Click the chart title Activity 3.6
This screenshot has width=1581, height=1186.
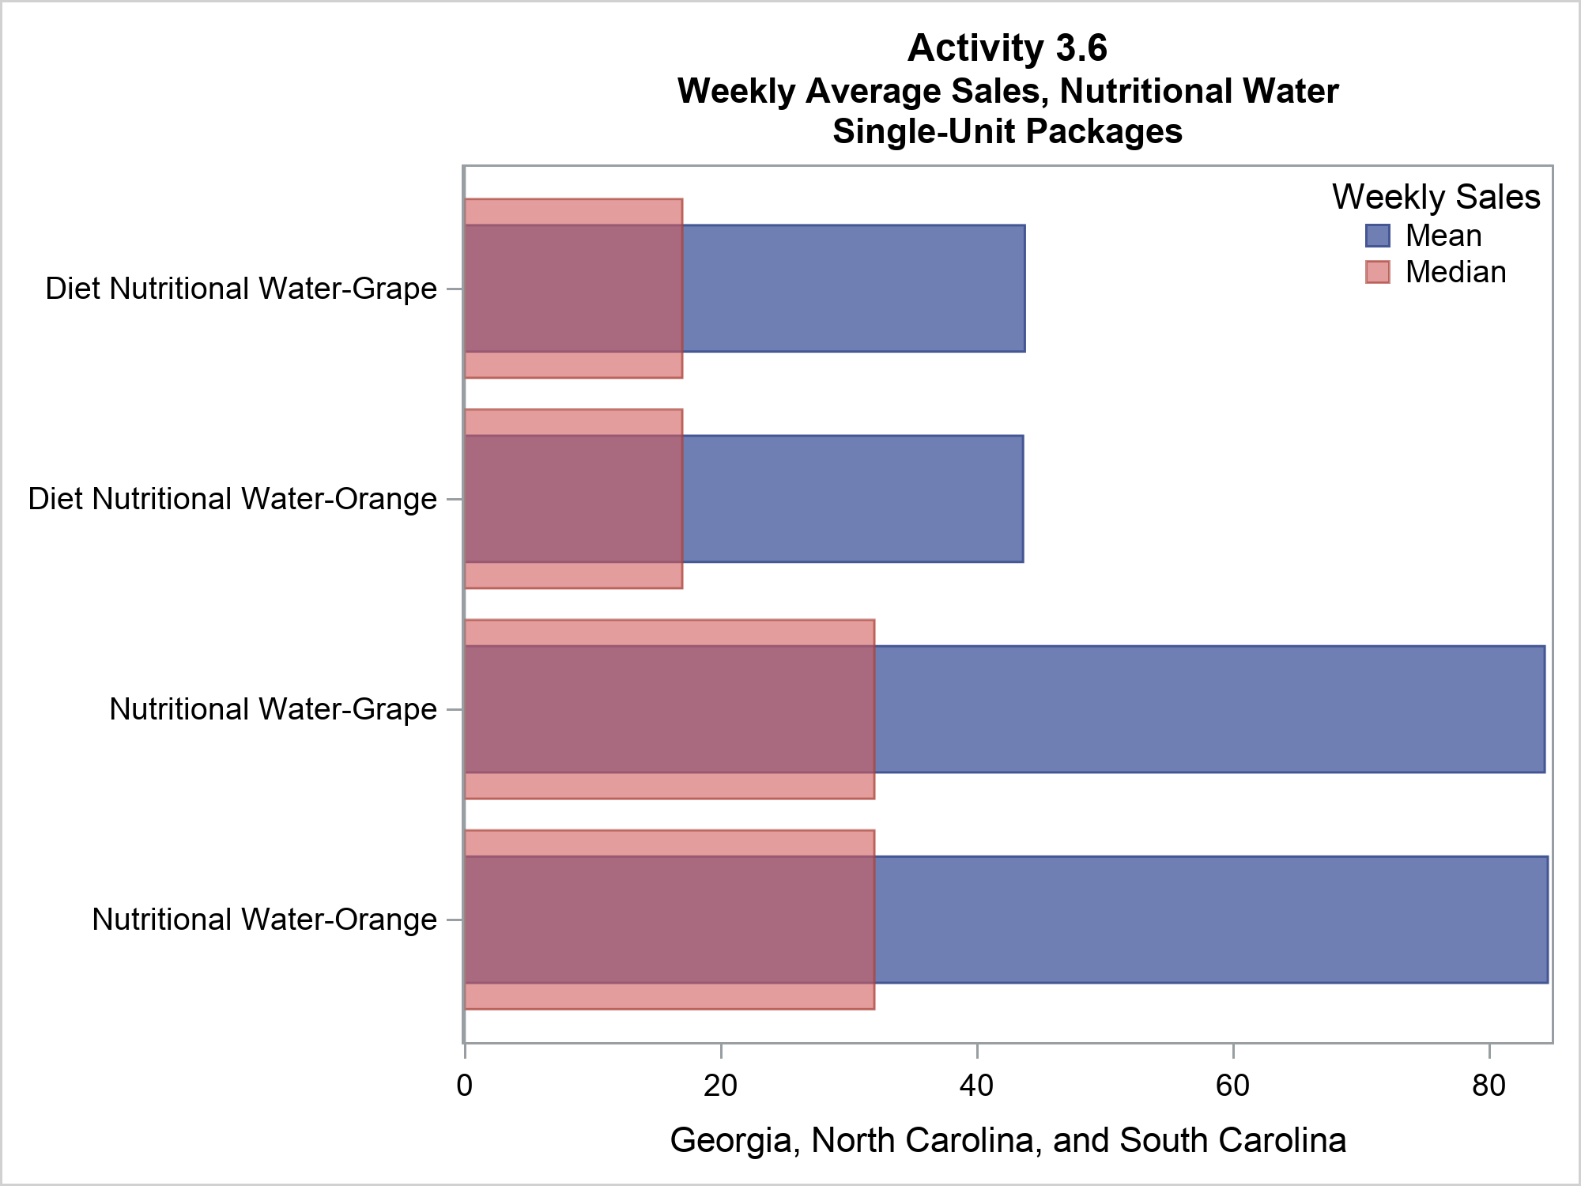tap(1007, 48)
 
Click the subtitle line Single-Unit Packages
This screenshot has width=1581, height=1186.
tap(1007, 131)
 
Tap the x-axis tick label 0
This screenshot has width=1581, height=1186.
tap(465, 1086)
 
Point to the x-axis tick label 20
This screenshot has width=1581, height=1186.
tap(720, 1086)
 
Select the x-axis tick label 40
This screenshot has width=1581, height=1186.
tap(976, 1086)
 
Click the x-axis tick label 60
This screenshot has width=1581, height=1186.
tap(1232, 1086)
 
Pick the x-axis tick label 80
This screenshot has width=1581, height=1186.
tap(1489, 1086)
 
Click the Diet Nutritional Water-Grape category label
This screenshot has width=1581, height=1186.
tap(241, 289)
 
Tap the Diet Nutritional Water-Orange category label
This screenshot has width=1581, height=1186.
tap(232, 500)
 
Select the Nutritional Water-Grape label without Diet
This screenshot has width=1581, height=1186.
tap(273, 710)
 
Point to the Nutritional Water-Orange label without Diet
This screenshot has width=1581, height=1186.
tap(264, 920)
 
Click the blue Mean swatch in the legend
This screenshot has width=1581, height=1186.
tap(1377, 236)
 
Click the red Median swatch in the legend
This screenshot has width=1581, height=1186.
tap(1377, 272)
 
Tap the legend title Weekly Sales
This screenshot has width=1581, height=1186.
tap(1436, 197)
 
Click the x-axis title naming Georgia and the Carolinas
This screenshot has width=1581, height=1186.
tap(1008, 1141)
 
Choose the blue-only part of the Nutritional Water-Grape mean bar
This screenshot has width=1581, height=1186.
tap(1209, 709)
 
